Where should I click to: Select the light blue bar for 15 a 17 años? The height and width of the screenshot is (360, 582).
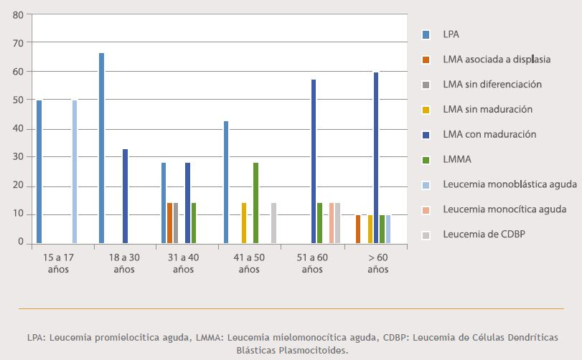75,172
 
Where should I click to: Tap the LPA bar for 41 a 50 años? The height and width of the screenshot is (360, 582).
226,182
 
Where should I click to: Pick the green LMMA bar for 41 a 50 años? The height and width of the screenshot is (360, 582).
255,203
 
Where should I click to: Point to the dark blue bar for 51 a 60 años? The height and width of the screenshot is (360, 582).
314,161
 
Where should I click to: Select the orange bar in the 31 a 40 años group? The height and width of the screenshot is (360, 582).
170,223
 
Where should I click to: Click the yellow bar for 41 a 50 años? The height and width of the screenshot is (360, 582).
244,223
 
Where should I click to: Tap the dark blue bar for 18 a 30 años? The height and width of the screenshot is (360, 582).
126,196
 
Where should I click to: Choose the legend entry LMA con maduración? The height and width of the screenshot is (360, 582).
489,134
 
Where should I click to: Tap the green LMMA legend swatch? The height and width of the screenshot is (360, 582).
426,159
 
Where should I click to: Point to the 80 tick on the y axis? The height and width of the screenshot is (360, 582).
17,14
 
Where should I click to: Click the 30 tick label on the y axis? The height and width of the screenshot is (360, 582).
17,157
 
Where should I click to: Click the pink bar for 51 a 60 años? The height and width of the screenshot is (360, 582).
332,223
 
